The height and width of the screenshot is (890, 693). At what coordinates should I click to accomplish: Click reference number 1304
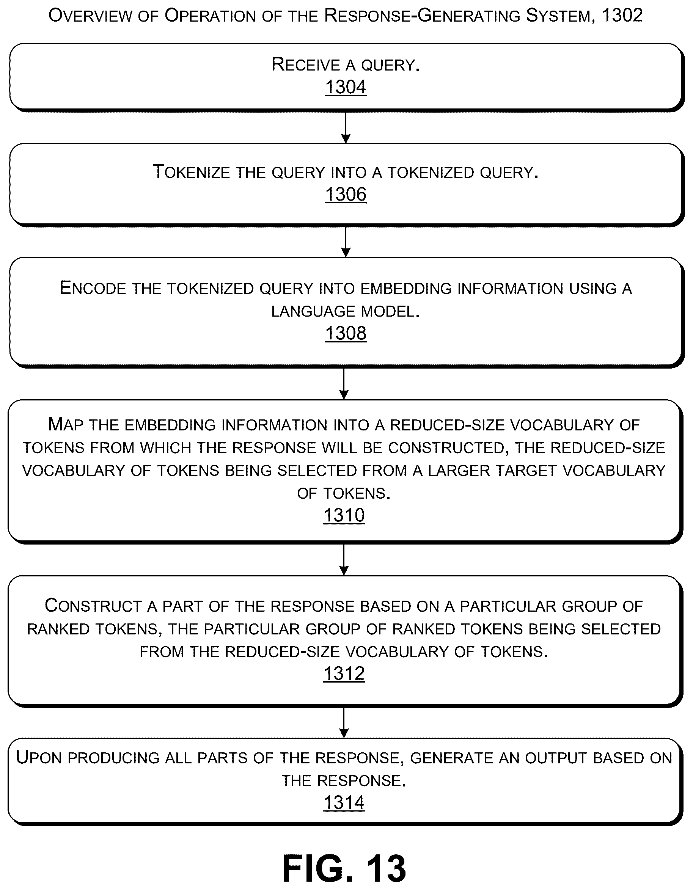[x=346, y=87]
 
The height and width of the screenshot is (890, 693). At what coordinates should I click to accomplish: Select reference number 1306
[x=346, y=195]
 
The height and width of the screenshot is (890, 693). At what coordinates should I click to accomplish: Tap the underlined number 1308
[x=346, y=333]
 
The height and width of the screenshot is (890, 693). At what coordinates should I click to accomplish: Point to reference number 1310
[x=344, y=515]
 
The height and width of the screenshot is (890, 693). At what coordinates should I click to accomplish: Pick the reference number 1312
[x=344, y=673]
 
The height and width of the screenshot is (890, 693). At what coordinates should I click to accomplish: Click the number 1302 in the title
[x=622, y=16]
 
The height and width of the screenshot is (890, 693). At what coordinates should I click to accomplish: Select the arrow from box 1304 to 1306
[x=346, y=127]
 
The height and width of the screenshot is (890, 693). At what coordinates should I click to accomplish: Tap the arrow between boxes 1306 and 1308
[x=346, y=242]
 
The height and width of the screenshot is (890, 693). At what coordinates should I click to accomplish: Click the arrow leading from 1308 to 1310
[x=344, y=383]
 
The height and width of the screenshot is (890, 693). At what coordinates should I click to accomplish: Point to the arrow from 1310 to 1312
[x=344, y=559]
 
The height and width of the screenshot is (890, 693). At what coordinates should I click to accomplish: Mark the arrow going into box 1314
[x=344, y=722]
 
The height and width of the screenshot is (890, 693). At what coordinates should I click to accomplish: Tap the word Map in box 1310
[x=65, y=425]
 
